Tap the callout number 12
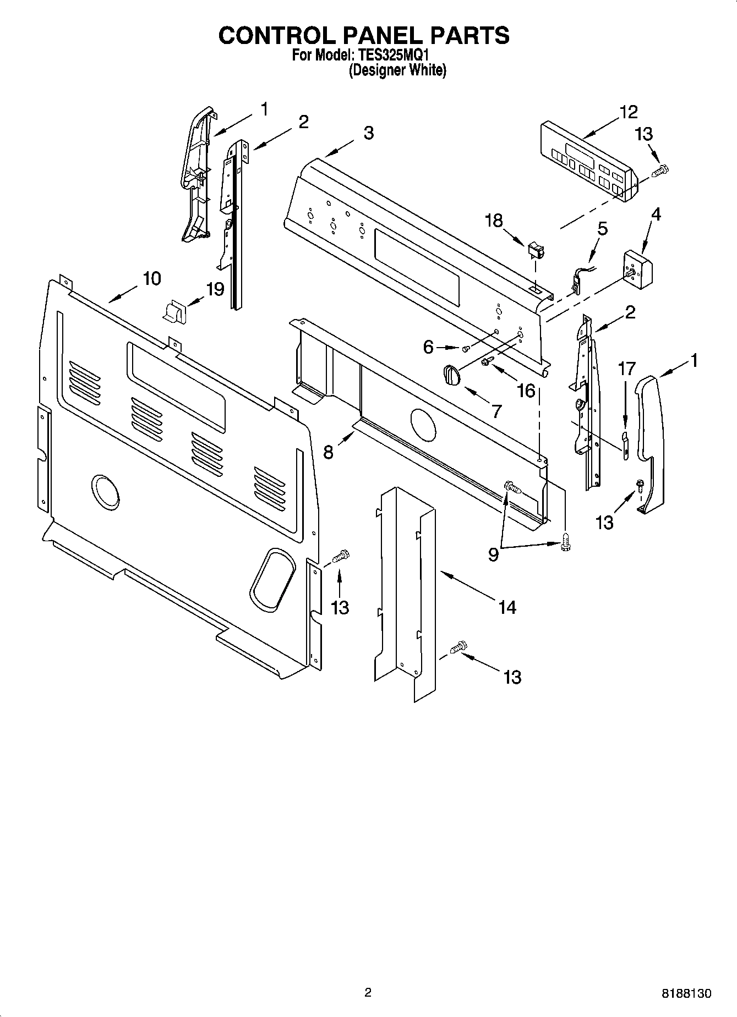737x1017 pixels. pyautogui.click(x=628, y=112)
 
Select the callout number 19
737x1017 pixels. pyautogui.click(x=215, y=289)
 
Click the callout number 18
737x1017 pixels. pyautogui.click(x=494, y=221)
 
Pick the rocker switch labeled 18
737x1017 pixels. pyautogui.click(x=535, y=252)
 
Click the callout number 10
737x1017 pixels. pyautogui.click(x=152, y=278)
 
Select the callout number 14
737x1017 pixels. pyautogui.click(x=507, y=607)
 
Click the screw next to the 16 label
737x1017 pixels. pyautogui.click(x=487, y=361)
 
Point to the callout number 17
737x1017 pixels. pyautogui.click(x=627, y=369)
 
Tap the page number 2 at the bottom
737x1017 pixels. pyautogui.click(x=368, y=992)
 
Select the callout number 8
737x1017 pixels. pyautogui.click(x=328, y=452)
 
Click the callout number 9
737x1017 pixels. pyautogui.click(x=493, y=554)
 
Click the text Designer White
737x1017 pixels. pyautogui.click(x=397, y=70)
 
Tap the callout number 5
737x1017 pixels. pyautogui.click(x=602, y=228)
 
